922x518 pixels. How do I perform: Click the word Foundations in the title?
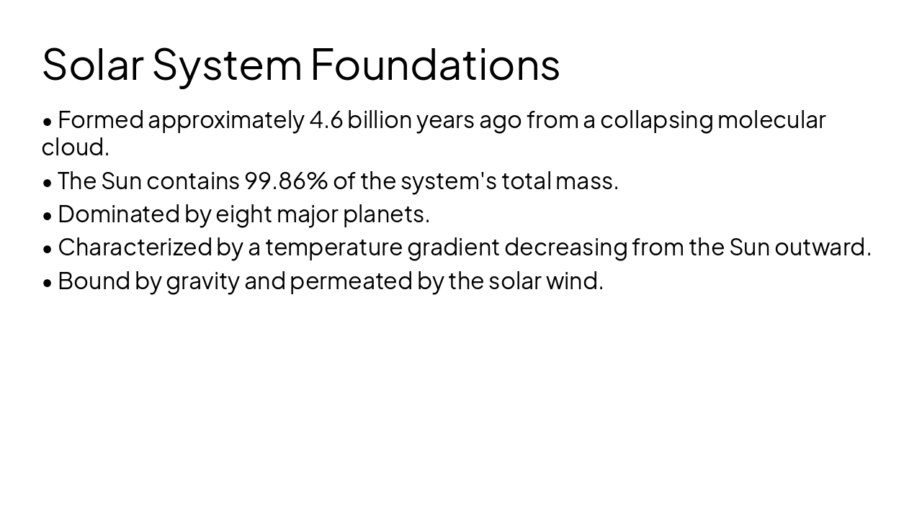coord(435,64)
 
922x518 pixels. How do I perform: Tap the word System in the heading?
coord(227,64)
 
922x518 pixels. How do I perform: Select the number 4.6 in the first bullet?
coord(326,120)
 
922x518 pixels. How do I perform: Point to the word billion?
coord(380,120)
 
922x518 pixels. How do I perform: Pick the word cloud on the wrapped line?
coord(75,147)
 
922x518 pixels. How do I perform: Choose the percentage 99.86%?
coord(286,181)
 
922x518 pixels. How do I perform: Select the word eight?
coord(243,214)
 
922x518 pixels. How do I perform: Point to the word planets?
coord(386,214)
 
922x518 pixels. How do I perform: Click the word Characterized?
coord(134,247)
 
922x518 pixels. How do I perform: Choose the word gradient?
coord(453,247)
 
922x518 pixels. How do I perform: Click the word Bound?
coord(94,281)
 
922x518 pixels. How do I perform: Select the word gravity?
coord(202,281)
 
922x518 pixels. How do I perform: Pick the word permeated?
coord(351,281)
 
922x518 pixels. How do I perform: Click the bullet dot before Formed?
coord(48,122)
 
